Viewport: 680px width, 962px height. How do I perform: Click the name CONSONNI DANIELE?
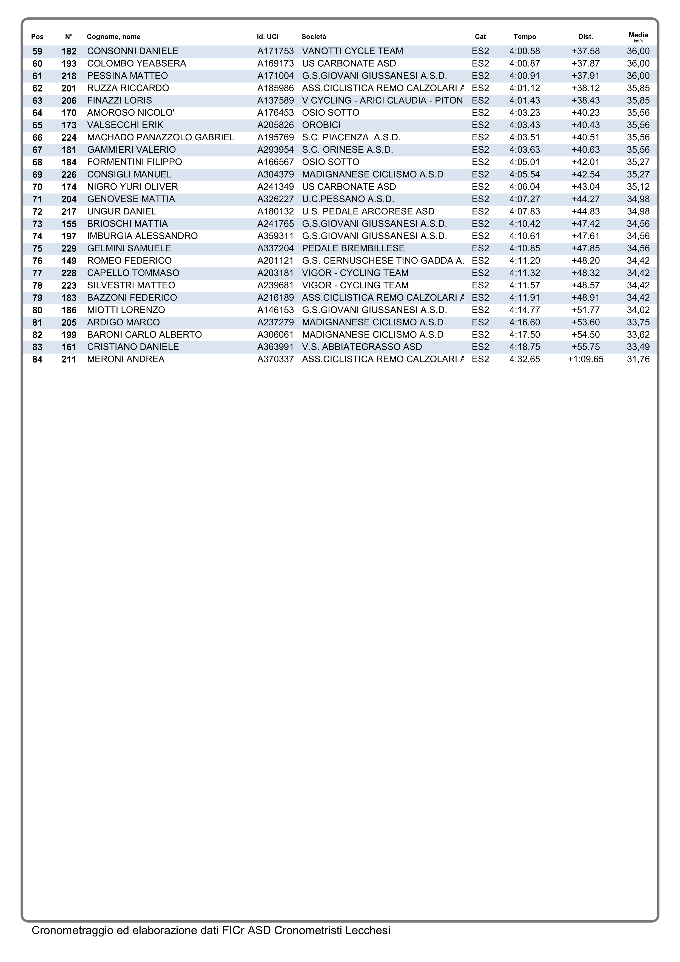pos(132,51)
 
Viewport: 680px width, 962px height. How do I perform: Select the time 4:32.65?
pos(525,359)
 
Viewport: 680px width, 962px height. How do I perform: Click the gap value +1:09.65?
pos(585,359)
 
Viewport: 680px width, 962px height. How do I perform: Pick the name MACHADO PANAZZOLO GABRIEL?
pos(160,137)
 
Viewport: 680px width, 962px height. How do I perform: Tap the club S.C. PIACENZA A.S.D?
pos(351,137)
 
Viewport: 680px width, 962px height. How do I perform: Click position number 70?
pos(37,187)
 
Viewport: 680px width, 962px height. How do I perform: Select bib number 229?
pos(69,248)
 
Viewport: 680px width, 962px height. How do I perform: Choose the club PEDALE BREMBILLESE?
pos(353,248)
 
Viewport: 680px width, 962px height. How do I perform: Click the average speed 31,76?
pos(638,359)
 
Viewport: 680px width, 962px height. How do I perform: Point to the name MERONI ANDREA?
pos(126,359)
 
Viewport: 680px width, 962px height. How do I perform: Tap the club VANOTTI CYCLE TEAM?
pos(352,51)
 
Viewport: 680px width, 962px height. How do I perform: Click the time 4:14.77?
pos(525,310)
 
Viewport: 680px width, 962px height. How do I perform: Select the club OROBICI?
pos(321,125)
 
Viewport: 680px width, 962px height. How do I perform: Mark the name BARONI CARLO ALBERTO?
pos(144,335)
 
